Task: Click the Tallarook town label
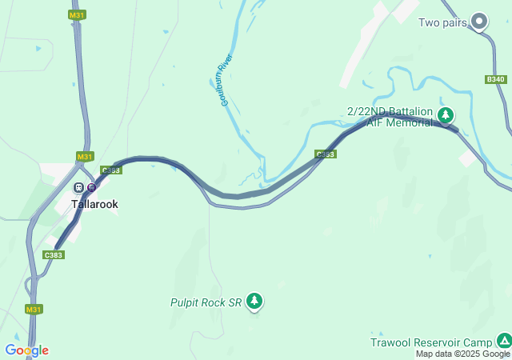(94, 204)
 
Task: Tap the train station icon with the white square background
(78, 187)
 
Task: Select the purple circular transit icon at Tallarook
(91, 187)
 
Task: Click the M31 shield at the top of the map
(77, 15)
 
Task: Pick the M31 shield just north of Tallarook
(85, 156)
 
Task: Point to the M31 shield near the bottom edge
(33, 309)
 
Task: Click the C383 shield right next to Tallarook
(111, 170)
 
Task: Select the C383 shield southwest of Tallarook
(53, 254)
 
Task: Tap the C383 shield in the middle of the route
(325, 154)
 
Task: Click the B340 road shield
(496, 79)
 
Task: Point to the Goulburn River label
(226, 81)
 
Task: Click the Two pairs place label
(442, 22)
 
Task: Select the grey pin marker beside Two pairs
(479, 21)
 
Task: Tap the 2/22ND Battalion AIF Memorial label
(390, 117)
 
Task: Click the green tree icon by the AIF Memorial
(446, 116)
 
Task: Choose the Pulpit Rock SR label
(206, 302)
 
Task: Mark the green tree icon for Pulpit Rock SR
(254, 301)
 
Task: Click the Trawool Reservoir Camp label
(430, 342)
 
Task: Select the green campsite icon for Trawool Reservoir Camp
(503, 341)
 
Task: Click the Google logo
(26, 350)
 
